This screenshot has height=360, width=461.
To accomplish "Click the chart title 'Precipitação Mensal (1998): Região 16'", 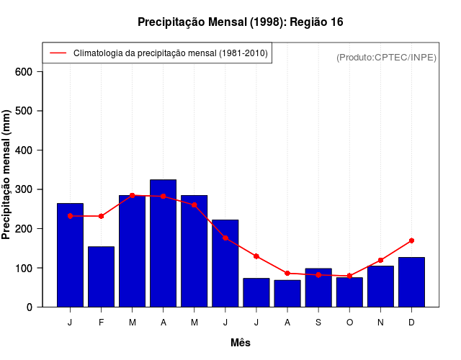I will pyautogui.click(x=240, y=22).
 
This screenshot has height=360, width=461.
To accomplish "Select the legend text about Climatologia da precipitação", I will pyautogui.click(x=171, y=53).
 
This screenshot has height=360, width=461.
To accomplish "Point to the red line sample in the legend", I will pyautogui.click(x=58, y=53).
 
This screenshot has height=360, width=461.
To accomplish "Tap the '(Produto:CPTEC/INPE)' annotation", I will pyautogui.click(x=386, y=57).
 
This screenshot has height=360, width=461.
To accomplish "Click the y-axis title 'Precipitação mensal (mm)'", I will pyautogui.click(x=6, y=175).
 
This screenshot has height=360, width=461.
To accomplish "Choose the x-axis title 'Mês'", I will pyautogui.click(x=241, y=343).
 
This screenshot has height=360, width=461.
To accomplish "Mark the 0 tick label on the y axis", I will pyautogui.click(x=29, y=307).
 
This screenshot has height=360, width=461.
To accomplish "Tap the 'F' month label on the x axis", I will pyautogui.click(x=101, y=323).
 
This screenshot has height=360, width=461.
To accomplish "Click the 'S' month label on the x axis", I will pyautogui.click(x=318, y=323).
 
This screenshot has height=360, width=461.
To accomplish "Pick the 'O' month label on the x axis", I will pyautogui.click(x=349, y=323).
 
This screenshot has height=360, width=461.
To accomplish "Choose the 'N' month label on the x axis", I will pyautogui.click(x=380, y=323).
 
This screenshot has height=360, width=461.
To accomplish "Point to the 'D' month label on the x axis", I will pyautogui.click(x=411, y=323).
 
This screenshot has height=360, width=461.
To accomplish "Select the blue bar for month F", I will pyautogui.click(x=101, y=277).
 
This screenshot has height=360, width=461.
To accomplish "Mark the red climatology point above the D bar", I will pyautogui.click(x=411, y=240).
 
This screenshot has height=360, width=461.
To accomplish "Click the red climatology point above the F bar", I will pyautogui.click(x=101, y=216).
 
